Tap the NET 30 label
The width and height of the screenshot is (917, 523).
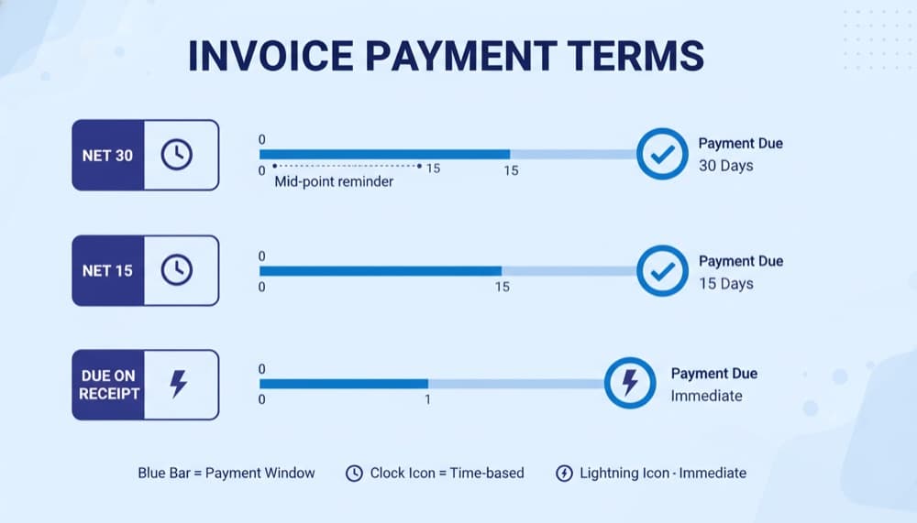107,156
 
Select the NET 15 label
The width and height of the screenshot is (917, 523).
107,270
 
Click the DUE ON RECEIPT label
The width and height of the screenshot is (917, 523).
108,385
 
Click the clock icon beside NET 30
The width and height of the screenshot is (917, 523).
177,156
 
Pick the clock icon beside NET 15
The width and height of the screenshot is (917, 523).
177,270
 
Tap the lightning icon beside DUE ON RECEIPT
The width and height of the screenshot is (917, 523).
179,385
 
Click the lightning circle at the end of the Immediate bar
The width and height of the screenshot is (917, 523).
630,382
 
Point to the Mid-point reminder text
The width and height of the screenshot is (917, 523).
334,181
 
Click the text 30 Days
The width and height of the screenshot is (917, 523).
725,166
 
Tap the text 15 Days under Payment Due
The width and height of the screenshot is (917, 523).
725,283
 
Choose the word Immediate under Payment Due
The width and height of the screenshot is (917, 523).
706,396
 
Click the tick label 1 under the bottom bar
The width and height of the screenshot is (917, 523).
426,400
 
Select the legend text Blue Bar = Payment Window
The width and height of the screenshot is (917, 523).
226,474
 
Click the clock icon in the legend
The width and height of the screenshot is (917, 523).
354,474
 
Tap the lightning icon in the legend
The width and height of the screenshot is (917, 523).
564,474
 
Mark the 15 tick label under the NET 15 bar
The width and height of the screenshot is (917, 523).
502,287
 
